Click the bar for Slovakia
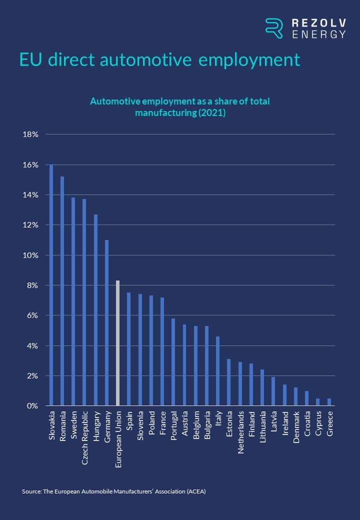(x=51, y=285)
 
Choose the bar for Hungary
(x=95, y=310)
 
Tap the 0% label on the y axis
(x=32, y=405)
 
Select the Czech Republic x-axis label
(x=85, y=430)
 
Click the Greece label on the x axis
(x=329, y=423)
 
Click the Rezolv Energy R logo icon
(x=274, y=28)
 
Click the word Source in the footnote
(x=31, y=491)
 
